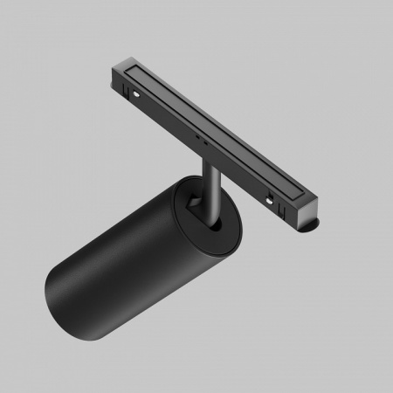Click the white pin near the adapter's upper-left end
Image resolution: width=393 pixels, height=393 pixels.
coord(136,89)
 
